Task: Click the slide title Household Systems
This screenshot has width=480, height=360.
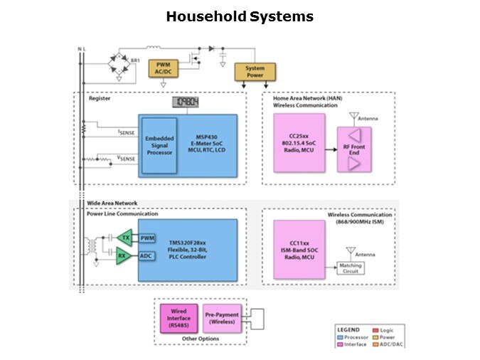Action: [239, 16]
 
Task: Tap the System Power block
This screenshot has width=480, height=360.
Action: [255, 72]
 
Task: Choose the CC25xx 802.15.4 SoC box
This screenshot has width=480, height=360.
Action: [299, 142]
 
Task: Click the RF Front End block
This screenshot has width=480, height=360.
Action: [353, 150]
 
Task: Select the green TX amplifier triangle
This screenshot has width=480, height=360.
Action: [125, 238]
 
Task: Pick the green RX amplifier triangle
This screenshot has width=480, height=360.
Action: [124, 256]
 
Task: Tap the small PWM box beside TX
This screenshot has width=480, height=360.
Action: [147, 238]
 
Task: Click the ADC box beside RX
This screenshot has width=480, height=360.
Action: [146, 256]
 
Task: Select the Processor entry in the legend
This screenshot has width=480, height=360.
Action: [354, 337]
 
